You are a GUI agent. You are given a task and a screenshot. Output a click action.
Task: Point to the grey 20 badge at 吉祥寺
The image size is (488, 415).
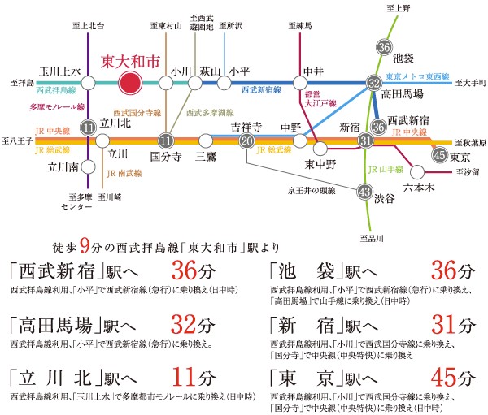tap(247, 140)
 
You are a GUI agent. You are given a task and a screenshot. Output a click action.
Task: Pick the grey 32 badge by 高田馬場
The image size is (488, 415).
tap(373, 83)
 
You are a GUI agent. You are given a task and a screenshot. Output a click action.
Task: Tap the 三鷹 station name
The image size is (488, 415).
tap(207, 154)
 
